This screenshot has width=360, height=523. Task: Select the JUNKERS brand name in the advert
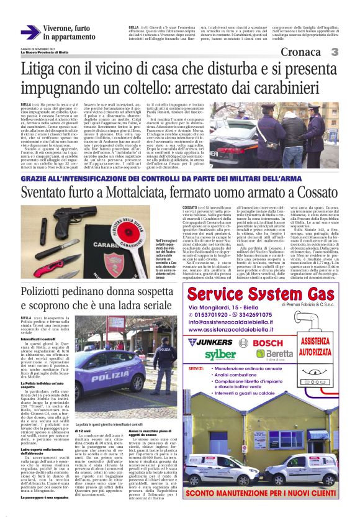[212, 342]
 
